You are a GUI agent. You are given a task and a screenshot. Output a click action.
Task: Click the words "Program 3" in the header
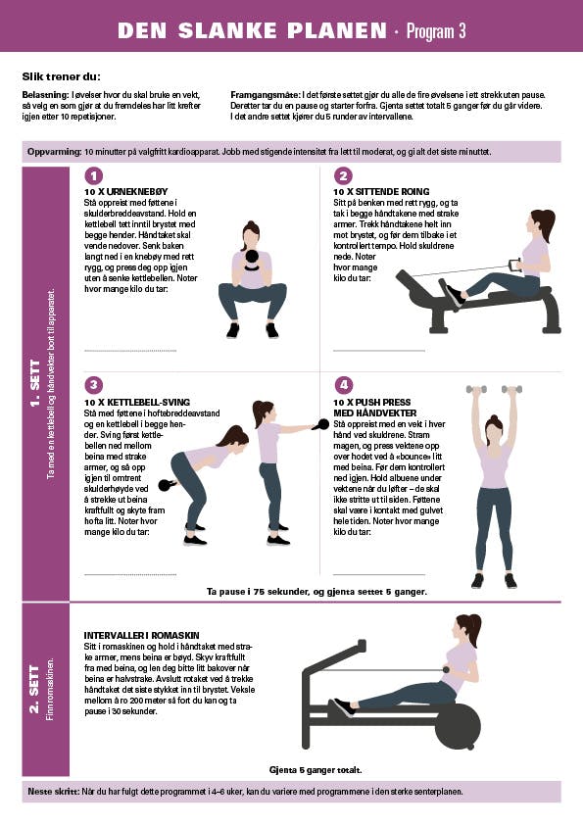coord(436,31)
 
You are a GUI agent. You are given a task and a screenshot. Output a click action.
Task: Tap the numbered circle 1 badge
coord(94,176)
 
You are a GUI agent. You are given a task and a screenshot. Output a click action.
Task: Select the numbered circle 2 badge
coord(343,176)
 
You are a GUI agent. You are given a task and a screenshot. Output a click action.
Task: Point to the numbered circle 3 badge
coord(94,385)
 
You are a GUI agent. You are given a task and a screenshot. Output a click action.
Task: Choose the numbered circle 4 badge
coord(343,385)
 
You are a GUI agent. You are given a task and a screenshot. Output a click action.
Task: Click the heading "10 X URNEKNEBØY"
coord(125,191)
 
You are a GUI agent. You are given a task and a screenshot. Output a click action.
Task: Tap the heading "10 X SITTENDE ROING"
coord(381,191)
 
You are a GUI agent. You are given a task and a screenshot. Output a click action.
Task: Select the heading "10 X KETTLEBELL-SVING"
coord(137,402)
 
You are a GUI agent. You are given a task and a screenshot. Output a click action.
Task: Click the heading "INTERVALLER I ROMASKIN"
coord(141,635)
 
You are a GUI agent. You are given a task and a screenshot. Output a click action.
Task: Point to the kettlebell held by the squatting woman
coord(252,260)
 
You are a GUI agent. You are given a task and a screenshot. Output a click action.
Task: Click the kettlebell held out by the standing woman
coord(321,424)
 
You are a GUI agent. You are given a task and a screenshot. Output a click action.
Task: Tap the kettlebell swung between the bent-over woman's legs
coord(167,485)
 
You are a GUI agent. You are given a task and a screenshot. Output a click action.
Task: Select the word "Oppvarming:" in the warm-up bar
coord(54,152)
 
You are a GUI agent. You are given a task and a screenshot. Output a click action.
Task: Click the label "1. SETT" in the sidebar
coord(34,383)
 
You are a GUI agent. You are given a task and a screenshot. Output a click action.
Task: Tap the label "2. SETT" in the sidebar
coord(34,689)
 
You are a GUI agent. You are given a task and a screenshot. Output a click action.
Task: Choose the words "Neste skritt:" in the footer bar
coord(53,792)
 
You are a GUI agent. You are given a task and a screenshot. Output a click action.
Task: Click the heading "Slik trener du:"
coord(61,76)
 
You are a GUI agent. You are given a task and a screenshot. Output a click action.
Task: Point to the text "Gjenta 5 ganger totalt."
coord(316,770)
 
